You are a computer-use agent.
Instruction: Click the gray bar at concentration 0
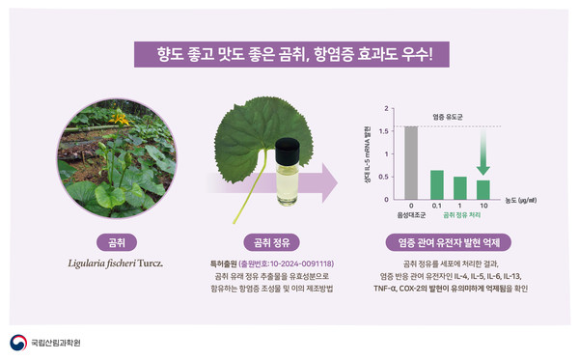[x=411, y=161]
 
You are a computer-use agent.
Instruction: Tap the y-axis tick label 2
[x=387, y=108]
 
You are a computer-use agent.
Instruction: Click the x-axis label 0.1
[x=436, y=206]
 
